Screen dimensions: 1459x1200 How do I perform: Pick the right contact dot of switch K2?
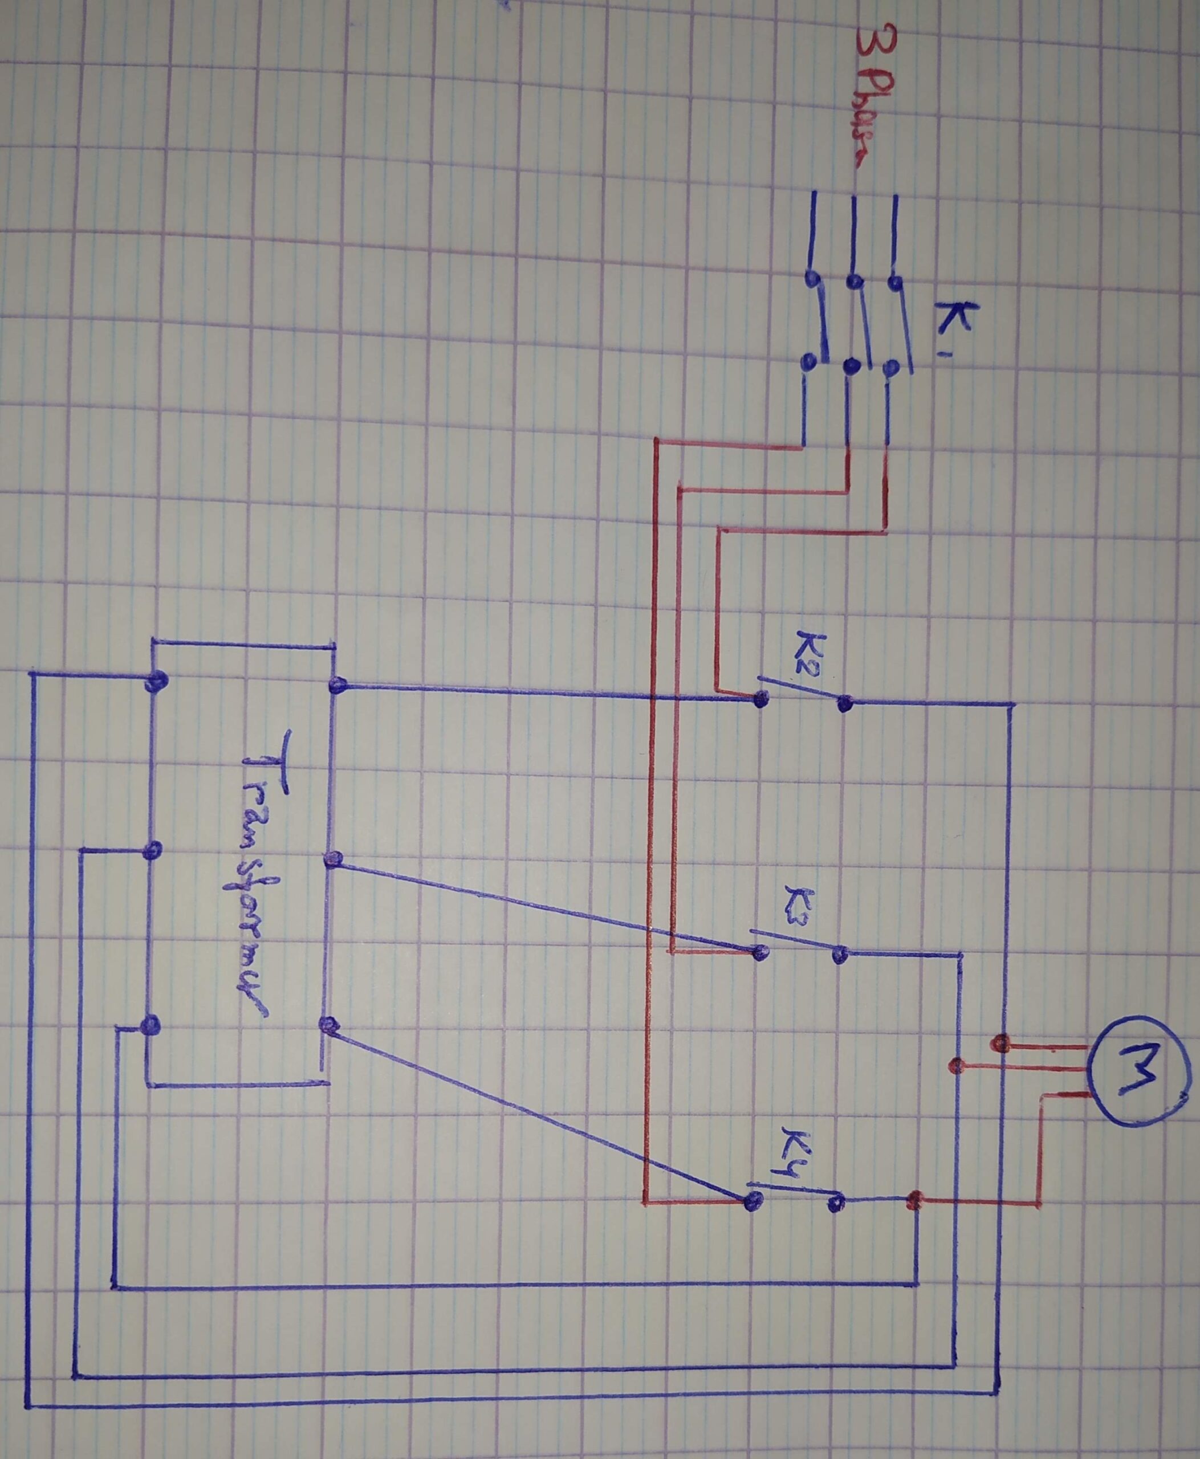pyautogui.click(x=844, y=704)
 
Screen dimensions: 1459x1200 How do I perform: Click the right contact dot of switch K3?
pyautogui.click(x=840, y=956)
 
